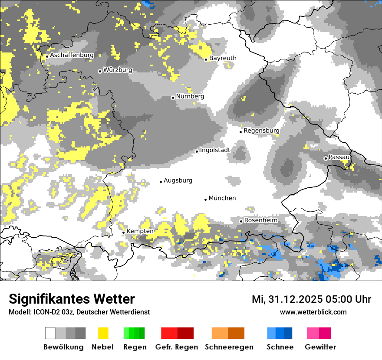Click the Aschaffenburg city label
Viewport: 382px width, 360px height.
coord(72,56)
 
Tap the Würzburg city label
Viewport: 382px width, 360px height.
coord(118,70)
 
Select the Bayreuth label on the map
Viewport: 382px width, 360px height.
coord(223,58)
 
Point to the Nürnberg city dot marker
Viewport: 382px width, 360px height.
coord(173,98)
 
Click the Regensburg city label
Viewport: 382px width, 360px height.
coord(261,131)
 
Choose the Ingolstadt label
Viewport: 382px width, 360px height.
coord(215,150)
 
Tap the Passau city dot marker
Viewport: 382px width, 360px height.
coord(326,158)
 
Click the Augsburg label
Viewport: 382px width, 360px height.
coord(178,180)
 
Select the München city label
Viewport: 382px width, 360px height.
coord(222,198)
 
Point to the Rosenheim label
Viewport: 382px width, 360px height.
coord(260,220)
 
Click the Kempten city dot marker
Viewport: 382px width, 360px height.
coord(123,232)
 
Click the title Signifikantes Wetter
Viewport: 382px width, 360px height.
coord(72,299)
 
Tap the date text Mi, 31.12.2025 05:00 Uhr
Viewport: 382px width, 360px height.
coord(311,299)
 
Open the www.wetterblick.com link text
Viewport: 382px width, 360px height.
coord(313,312)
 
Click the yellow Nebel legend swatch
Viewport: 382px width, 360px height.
coord(103,333)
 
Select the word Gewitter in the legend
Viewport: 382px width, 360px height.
coord(320,347)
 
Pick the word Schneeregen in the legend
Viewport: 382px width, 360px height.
coord(229,347)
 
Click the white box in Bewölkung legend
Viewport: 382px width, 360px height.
coord(50,333)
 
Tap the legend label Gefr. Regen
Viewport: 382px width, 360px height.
coord(177,347)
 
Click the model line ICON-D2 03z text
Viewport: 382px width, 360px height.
coord(79,312)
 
